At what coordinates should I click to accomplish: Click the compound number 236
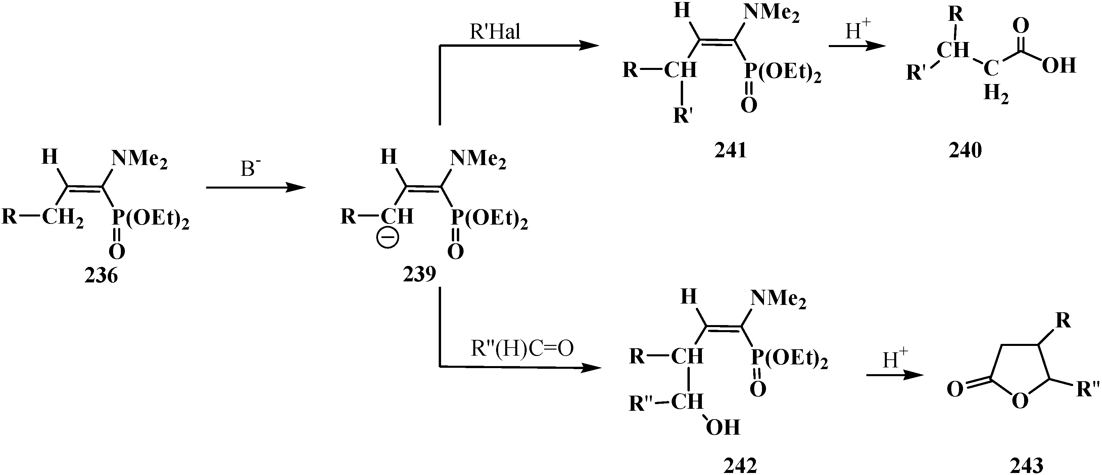pyautogui.click(x=101, y=276)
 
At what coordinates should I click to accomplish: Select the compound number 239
pyautogui.click(x=419, y=274)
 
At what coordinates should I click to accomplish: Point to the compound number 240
pyautogui.click(x=965, y=150)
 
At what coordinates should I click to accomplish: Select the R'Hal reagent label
pyautogui.click(x=495, y=32)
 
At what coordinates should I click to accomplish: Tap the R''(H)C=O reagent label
pyautogui.click(x=522, y=349)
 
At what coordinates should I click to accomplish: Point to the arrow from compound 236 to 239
pyautogui.click(x=256, y=188)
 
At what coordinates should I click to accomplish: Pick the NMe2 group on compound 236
pyautogui.click(x=139, y=160)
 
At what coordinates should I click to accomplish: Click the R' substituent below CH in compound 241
pyautogui.click(x=683, y=115)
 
